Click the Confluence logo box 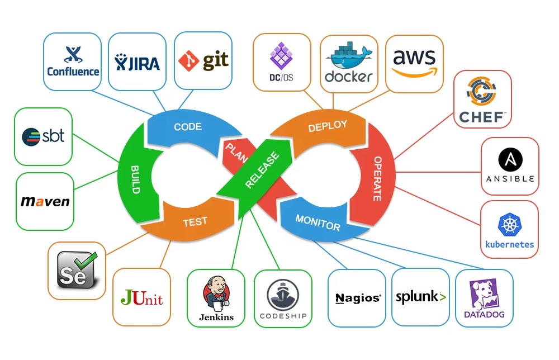[73, 61]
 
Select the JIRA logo [137, 61]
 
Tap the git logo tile [203, 60]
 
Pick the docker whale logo [348, 63]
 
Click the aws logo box [414, 64]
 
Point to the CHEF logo [482, 99]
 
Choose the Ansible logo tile [510, 166]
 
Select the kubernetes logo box [509, 229]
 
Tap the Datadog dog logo [484, 298]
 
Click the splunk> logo [420, 297]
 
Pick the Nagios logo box [357, 298]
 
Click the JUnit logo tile [141, 297]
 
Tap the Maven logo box [45, 201]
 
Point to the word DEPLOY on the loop [328, 127]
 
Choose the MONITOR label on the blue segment [318, 222]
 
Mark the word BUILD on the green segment [135, 178]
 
